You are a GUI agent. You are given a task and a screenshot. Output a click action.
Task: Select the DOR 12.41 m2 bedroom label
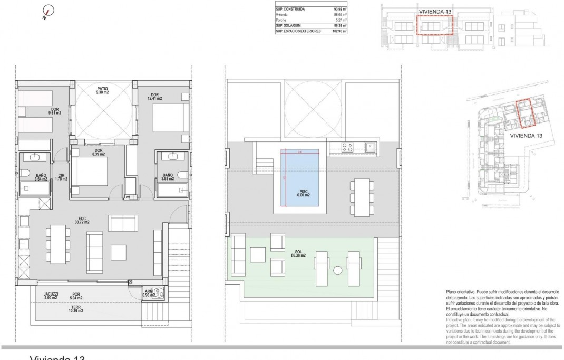coord(154,96)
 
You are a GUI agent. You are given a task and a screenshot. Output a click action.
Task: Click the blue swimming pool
coord(299,172)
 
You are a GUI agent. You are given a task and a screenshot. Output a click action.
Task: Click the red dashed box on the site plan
coord(526,114)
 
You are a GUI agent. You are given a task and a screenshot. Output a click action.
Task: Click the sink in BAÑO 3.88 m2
coord(173,156)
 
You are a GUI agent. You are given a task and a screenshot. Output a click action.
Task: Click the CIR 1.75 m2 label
coord(62,177)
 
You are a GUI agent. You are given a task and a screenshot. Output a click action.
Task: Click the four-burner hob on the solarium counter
coord(347,147)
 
